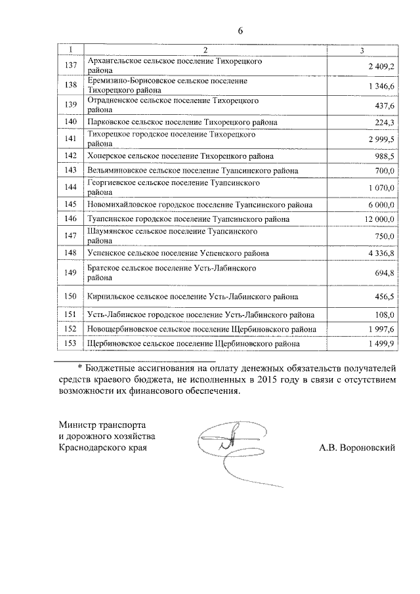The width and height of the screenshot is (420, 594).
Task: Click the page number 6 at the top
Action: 241,31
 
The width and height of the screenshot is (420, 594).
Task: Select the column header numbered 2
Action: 205,50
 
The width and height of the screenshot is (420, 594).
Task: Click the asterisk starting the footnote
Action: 81,367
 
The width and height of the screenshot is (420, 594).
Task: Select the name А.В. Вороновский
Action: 356,448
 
